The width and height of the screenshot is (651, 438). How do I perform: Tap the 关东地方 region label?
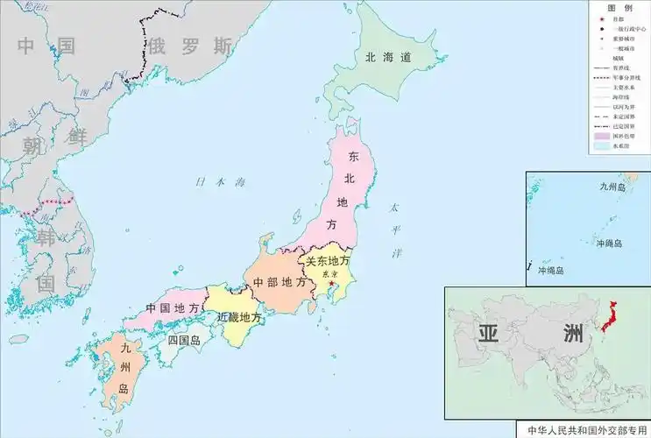pyautogui.click(x=327, y=261)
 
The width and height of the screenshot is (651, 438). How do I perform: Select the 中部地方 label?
pyautogui.click(x=280, y=283)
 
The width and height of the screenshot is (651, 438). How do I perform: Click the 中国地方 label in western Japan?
pyautogui.click(x=172, y=308)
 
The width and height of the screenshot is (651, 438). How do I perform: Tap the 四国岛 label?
pyautogui.click(x=184, y=340)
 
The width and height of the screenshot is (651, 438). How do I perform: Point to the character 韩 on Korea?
pyautogui.click(x=46, y=239)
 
